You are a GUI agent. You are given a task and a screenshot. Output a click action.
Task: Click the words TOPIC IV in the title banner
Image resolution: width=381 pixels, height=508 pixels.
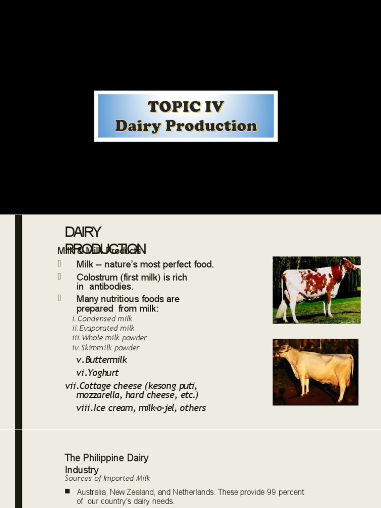pos(186,107)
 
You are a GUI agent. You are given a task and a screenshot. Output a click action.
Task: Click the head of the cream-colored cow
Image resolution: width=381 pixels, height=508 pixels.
pos(284,350)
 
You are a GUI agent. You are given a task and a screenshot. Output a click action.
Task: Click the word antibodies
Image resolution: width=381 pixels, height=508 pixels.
pos(111,287)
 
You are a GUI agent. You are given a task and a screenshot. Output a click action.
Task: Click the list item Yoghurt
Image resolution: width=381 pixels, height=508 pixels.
pos(102,373)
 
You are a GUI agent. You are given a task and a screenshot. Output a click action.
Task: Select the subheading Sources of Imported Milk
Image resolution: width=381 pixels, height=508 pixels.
pos(107,478)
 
